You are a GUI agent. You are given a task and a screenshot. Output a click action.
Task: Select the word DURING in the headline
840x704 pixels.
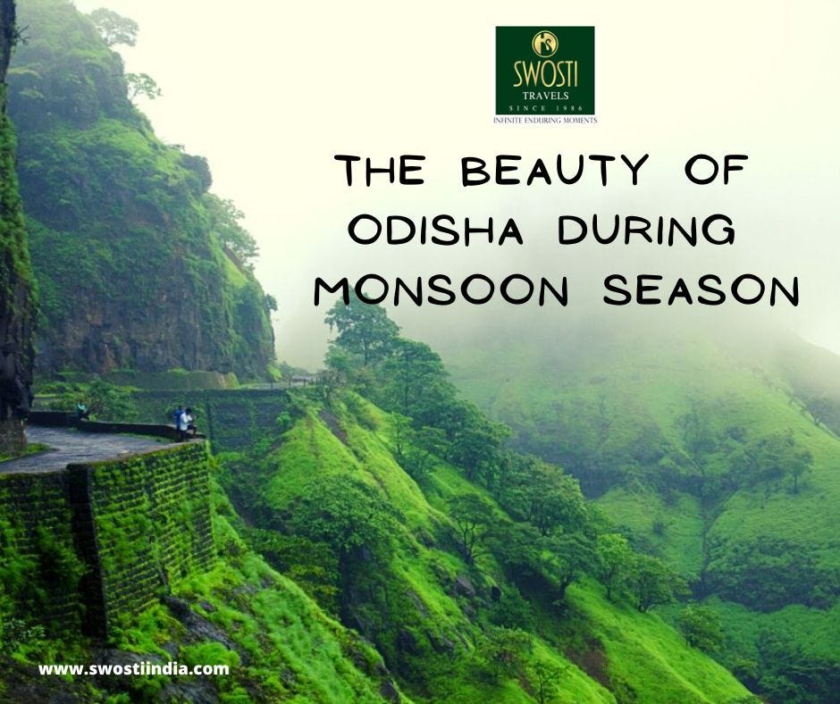click(x=646, y=230)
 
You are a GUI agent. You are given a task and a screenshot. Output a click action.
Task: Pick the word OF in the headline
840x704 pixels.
click(x=721, y=170)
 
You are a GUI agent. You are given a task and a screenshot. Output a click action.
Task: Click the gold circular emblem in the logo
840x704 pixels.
click(x=544, y=44)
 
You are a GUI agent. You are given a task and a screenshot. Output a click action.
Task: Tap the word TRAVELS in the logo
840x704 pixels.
click(x=544, y=96)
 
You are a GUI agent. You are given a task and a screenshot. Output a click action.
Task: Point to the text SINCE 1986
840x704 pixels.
click(x=544, y=108)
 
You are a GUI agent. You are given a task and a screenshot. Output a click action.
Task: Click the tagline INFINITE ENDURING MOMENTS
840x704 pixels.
click(x=544, y=119)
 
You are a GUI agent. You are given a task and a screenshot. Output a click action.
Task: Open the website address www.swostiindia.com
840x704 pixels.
click(x=133, y=668)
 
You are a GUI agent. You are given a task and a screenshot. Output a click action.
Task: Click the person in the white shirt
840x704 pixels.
click(x=187, y=423)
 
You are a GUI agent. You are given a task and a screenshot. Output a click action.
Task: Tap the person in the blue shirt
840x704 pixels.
click(x=178, y=420)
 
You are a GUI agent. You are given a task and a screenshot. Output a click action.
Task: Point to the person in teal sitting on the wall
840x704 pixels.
click(x=83, y=409)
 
